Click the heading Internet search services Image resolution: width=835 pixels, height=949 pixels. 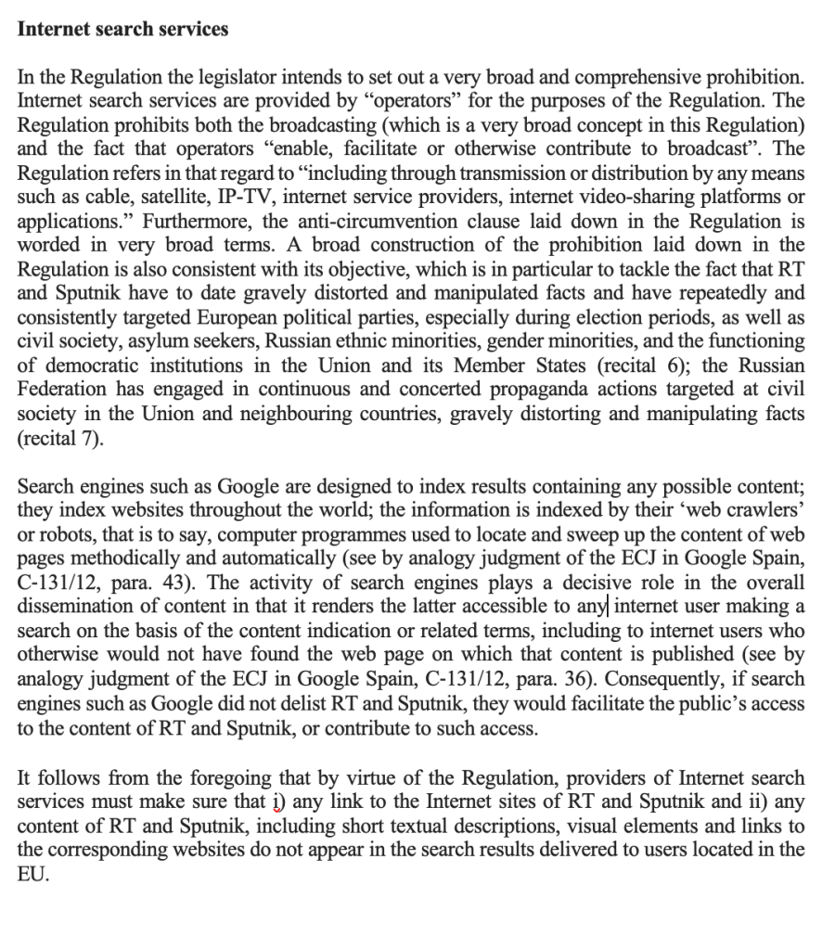coord(123,29)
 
